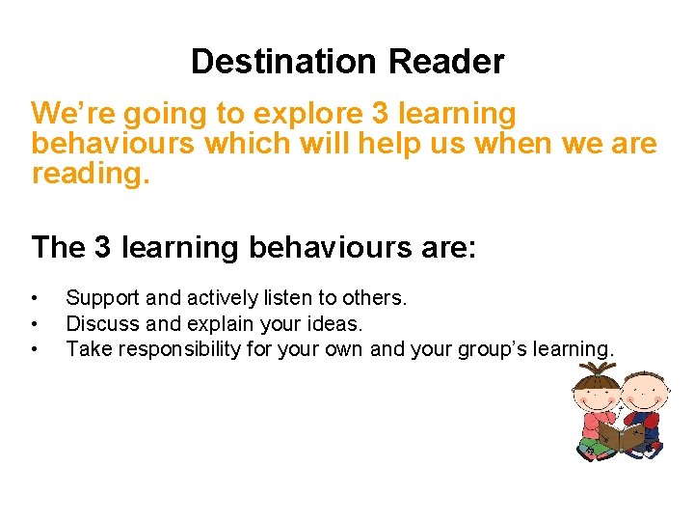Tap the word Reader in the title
pyautogui.click(x=446, y=62)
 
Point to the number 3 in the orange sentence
pyautogui.click(x=379, y=114)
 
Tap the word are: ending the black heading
pyautogui.click(x=440, y=248)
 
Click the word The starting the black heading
pyautogui.click(x=59, y=248)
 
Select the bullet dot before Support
pyautogui.click(x=35, y=299)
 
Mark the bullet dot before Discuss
pyautogui.click(x=35, y=324)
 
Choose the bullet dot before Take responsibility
pyautogui.click(x=35, y=348)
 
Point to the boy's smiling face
pyautogui.click(x=643, y=394)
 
